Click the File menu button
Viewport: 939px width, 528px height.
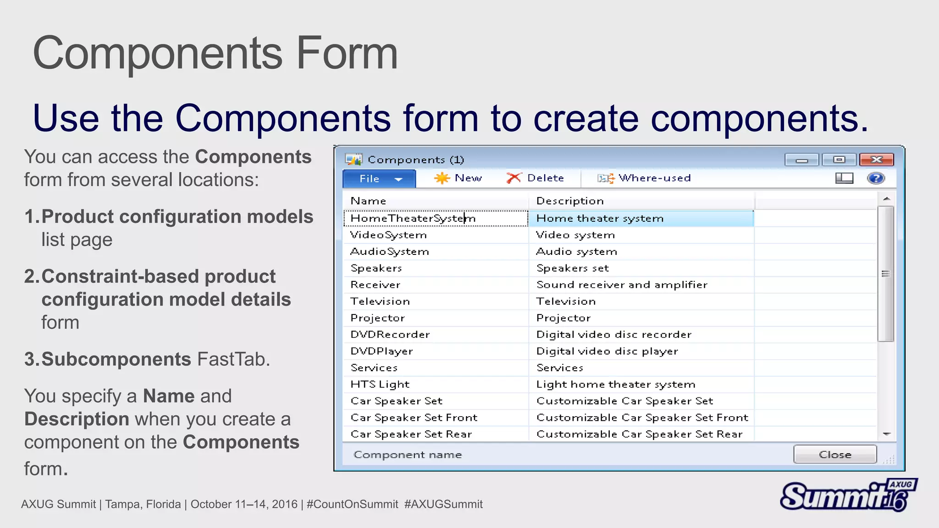pos(379,179)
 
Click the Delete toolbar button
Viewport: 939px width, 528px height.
pos(536,178)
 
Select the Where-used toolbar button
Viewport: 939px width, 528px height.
pos(644,178)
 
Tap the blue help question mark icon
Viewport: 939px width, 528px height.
pos(875,178)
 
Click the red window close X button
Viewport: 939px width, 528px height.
pos(876,159)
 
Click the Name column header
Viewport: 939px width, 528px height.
pos(369,201)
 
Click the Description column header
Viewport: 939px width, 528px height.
pos(570,201)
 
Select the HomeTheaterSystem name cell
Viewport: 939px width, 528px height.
pos(413,219)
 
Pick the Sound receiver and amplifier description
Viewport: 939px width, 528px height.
pos(622,285)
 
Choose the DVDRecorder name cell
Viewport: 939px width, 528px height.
pos(390,335)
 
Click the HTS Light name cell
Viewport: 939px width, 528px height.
pos(380,385)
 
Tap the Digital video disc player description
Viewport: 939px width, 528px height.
pos(607,352)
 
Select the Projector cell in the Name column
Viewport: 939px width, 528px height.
pos(378,318)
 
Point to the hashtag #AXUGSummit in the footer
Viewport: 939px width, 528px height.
pos(443,505)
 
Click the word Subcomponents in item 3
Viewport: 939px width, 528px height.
pos(116,359)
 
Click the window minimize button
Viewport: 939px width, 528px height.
pos(801,160)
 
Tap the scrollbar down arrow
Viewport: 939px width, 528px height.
pos(887,434)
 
